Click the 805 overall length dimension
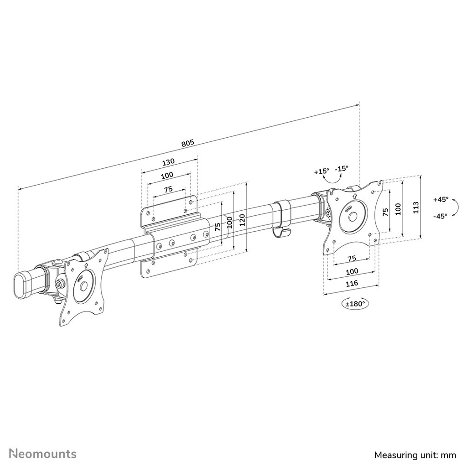point(187,143)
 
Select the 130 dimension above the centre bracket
point(168,162)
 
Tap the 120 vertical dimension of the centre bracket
point(242,220)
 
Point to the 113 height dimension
point(416,208)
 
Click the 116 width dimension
point(352,283)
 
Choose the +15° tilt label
point(322,171)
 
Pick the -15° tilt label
point(341,168)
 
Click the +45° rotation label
point(441,200)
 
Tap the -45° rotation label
point(441,216)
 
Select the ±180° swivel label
point(355,304)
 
